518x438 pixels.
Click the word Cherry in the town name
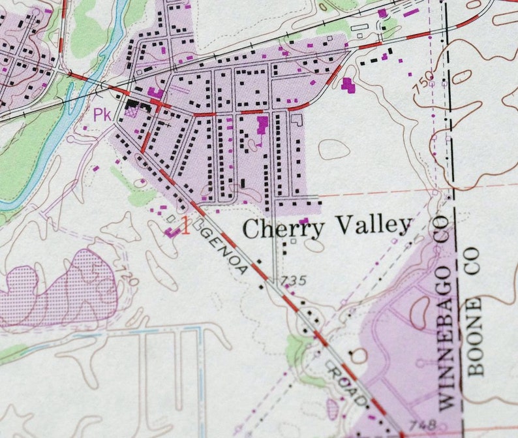282,228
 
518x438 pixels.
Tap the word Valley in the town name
374,226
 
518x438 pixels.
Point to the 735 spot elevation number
294,281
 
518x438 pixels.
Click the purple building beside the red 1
172,232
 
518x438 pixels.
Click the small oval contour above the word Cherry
333,149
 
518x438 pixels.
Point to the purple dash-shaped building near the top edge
410,12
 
